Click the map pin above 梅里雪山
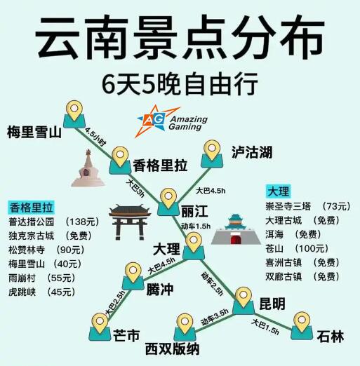(74, 114)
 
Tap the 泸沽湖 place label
(252, 152)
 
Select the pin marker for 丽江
(168, 202)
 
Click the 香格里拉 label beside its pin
(160, 165)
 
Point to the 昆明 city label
(272, 304)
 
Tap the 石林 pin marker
(302, 325)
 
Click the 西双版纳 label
(172, 349)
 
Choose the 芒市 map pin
(100, 327)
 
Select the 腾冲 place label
(160, 290)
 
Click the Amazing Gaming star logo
(171, 121)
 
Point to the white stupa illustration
(88, 168)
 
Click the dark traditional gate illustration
(130, 222)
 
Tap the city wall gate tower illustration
(236, 229)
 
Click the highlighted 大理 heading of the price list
(279, 191)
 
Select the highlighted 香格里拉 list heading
(31, 208)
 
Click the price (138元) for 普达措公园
(82, 222)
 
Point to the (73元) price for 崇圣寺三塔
(336, 206)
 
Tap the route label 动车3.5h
(215, 318)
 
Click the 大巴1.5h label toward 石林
(265, 327)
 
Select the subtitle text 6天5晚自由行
(180, 83)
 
